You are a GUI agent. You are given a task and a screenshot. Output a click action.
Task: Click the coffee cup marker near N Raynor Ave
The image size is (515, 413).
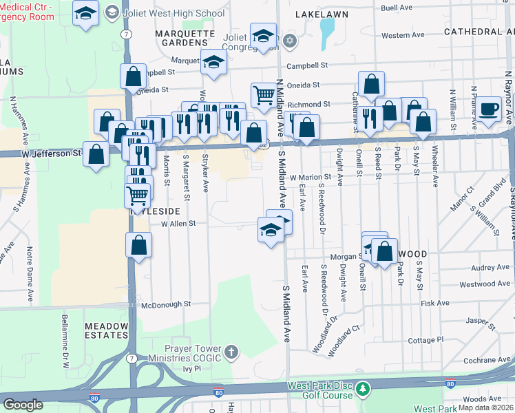coord(490,109)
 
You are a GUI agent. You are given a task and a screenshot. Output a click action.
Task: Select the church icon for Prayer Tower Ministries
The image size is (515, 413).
coord(231,353)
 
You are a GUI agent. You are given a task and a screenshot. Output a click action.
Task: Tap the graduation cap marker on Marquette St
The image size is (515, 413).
coord(214,61)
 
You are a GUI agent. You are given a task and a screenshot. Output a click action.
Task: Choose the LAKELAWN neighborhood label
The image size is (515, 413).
coord(322,14)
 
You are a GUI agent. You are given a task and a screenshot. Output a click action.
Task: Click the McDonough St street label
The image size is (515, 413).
coord(165,304)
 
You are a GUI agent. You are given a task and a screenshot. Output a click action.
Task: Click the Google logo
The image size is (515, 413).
coord(23,404)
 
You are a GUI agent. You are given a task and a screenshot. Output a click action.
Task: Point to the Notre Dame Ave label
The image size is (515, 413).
coord(30,275)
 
